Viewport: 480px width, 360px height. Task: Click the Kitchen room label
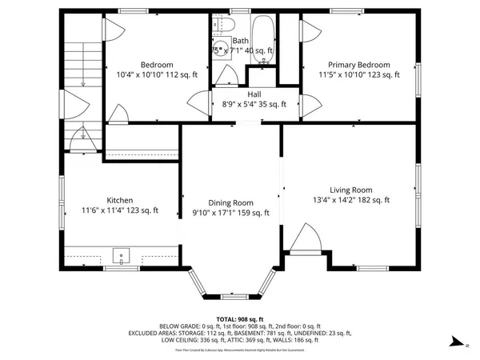(121, 200)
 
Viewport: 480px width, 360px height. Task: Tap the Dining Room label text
(230, 203)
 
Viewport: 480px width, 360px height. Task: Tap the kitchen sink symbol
(120, 257)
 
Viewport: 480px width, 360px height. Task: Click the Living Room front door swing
(302, 238)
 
